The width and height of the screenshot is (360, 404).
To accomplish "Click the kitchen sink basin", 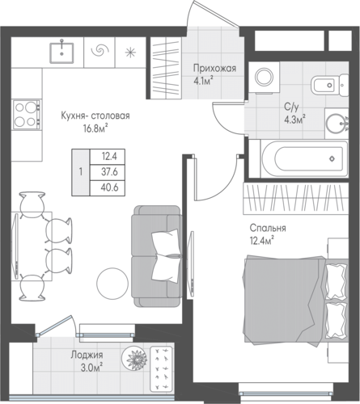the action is click(61, 53).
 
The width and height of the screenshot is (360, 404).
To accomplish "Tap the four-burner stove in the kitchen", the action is click(27, 114).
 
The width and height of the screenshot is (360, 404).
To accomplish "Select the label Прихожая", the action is click(214, 69).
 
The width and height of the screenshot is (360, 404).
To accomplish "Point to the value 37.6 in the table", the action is click(109, 171).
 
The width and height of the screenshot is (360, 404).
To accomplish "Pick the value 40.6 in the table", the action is click(109, 187).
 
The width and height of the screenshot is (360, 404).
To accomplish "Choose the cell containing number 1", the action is click(81, 172).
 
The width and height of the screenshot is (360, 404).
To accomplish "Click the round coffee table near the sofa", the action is click(112, 283).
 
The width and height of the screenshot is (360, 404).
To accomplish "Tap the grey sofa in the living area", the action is click(156, 256).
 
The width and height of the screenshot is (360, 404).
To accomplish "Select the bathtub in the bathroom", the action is click(304, 159).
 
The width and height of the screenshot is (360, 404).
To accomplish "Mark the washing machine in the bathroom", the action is click(264, 78).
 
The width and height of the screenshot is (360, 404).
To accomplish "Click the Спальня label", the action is click(268, 228).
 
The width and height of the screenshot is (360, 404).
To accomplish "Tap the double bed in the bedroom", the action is click(296, 301).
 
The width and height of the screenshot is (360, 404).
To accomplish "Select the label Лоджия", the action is click(87, 355).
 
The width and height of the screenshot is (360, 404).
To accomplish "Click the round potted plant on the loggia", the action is click(134, 358).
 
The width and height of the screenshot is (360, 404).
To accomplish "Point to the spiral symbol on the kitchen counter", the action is click(100, 51).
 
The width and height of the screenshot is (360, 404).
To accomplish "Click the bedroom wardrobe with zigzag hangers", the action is click(296, 199).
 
